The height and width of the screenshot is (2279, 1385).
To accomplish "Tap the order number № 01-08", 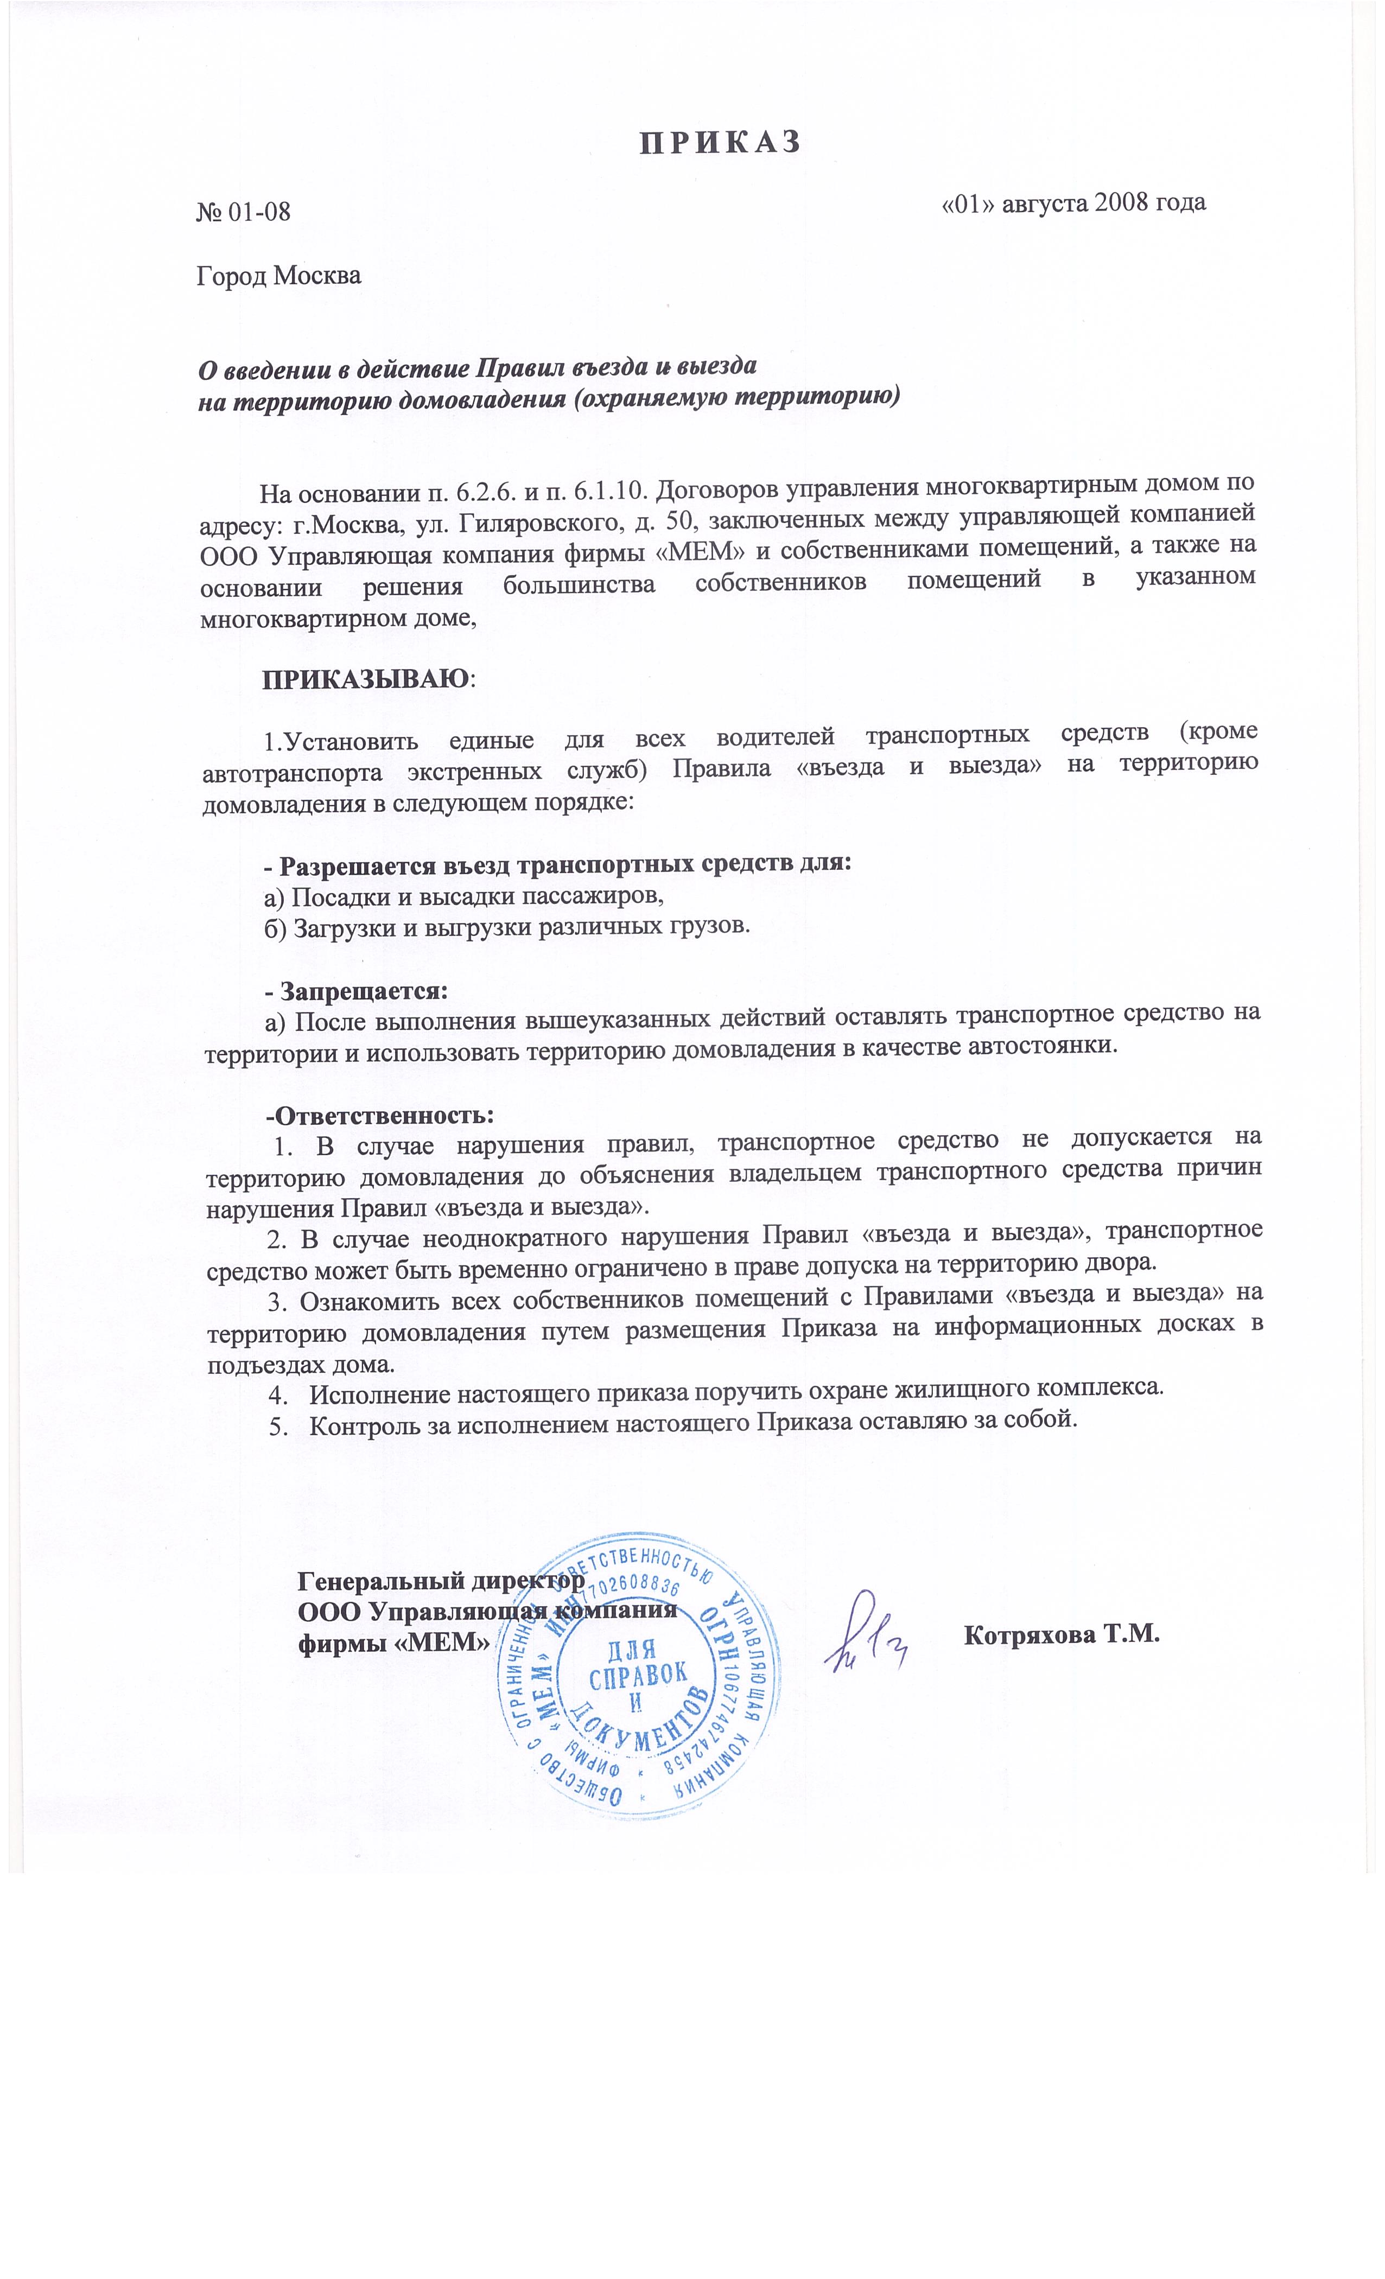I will pos(243,212).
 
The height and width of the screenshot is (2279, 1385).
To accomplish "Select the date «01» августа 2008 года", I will pos(1073,202).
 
